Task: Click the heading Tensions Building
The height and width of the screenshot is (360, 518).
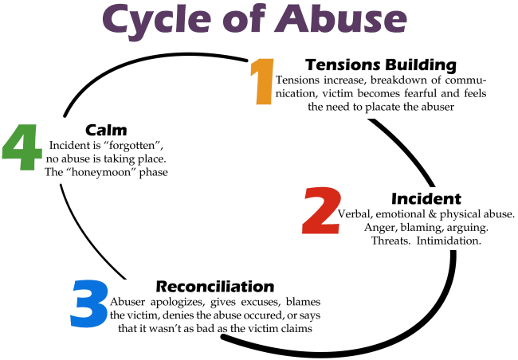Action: [x=381, y=65]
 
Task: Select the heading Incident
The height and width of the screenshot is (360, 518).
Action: [x=426, y=198]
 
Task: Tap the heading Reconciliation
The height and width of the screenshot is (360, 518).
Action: [x=214, y=286]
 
